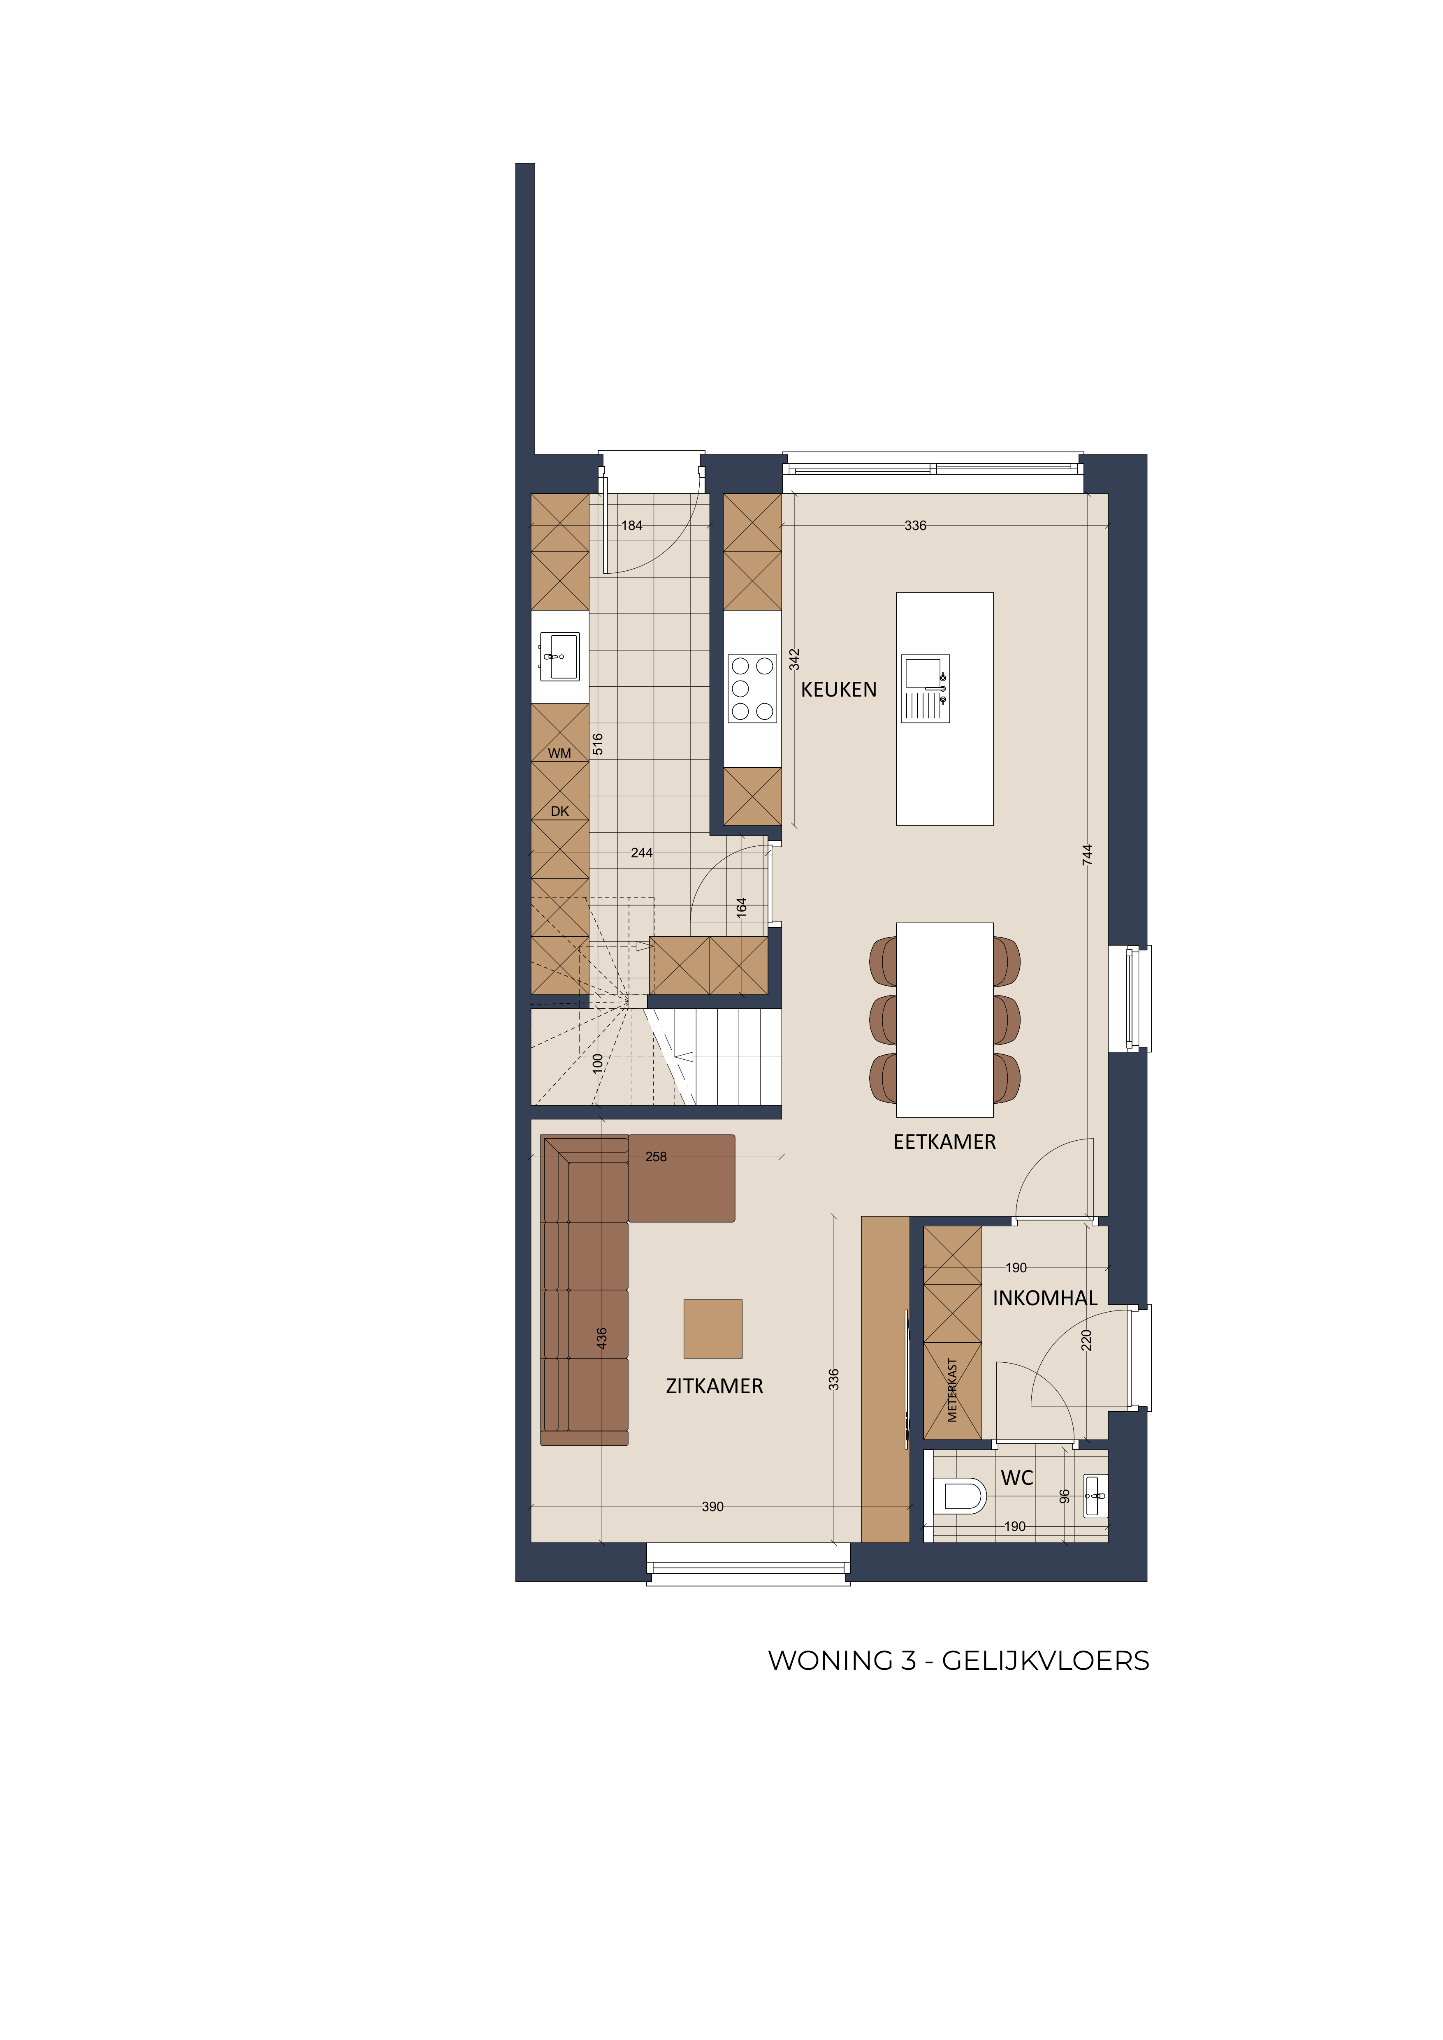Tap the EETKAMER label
tap(944, 1142)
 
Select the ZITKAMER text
tap(715, 1386)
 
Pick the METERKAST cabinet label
tap(953, 1391)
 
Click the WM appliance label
tap(560, 753)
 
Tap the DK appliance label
tap(560, 811)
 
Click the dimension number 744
tap(1088, 855)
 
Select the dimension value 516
tap(597, 744)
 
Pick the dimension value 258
tap(656, 1157)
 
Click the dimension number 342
tap(794, 659)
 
